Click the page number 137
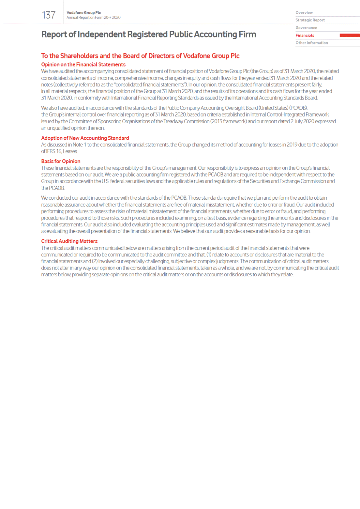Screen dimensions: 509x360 [49, 15]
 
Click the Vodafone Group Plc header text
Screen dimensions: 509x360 [83, 13]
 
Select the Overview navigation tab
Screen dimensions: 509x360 [304, 13]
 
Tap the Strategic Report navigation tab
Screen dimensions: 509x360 [310, 20]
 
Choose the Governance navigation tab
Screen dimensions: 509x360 [306, 28]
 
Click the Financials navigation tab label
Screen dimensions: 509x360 [305, 35]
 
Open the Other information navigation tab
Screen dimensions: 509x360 [312, 43]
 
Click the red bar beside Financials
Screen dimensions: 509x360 [350, 35]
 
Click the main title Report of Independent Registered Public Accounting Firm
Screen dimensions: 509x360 [149, 35]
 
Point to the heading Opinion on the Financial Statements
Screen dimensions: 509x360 [83, 65]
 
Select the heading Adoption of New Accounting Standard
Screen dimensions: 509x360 [85, 138]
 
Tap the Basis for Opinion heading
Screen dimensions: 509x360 [61, 161]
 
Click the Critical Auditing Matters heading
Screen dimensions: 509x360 [69, 241]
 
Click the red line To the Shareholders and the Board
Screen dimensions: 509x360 [140, 56]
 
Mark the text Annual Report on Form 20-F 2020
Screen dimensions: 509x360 [93, 18]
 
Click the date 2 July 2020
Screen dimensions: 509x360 [302, 121]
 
